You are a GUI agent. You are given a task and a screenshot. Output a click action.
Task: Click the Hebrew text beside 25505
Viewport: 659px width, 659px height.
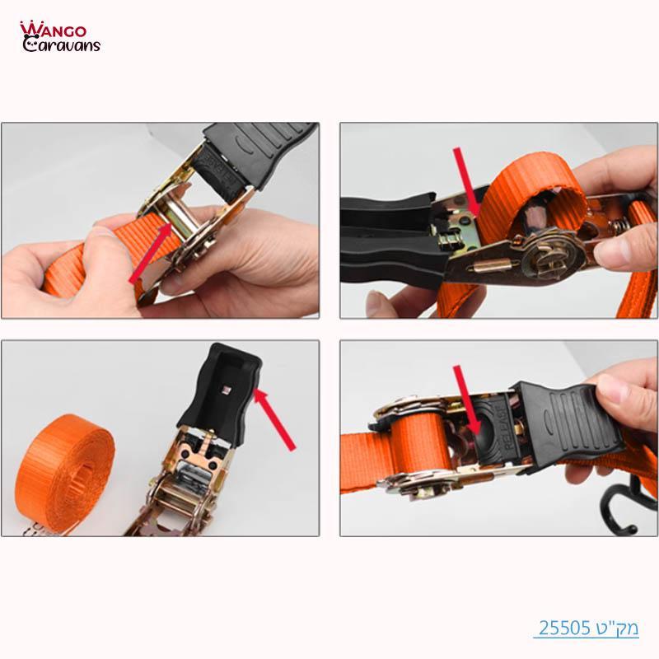tap(618, 629)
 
